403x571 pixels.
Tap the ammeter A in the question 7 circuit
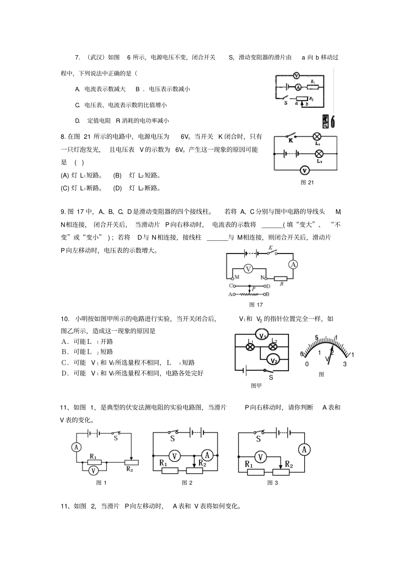(298, 87)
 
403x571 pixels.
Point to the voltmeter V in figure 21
(304, 170)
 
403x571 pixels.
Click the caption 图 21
(307, 183)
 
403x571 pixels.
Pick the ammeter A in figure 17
(293, 264)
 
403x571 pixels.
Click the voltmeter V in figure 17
(249, 269)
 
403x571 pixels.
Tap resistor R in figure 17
(281, 279)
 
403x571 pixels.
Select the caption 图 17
(256, 305)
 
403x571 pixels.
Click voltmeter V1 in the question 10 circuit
(263, 335)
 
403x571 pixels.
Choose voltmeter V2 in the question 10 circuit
(274, 360)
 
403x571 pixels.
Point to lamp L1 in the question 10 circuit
(250, 347)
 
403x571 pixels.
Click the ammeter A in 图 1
(76, 447)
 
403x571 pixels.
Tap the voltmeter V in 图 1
(94, 470)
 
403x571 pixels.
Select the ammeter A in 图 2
(207, 456)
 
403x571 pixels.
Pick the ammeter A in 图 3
(304, 450)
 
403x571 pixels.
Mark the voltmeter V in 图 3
(261, 457)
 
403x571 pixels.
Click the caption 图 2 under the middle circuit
(187, 483)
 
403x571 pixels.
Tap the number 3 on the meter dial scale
(345, 364)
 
